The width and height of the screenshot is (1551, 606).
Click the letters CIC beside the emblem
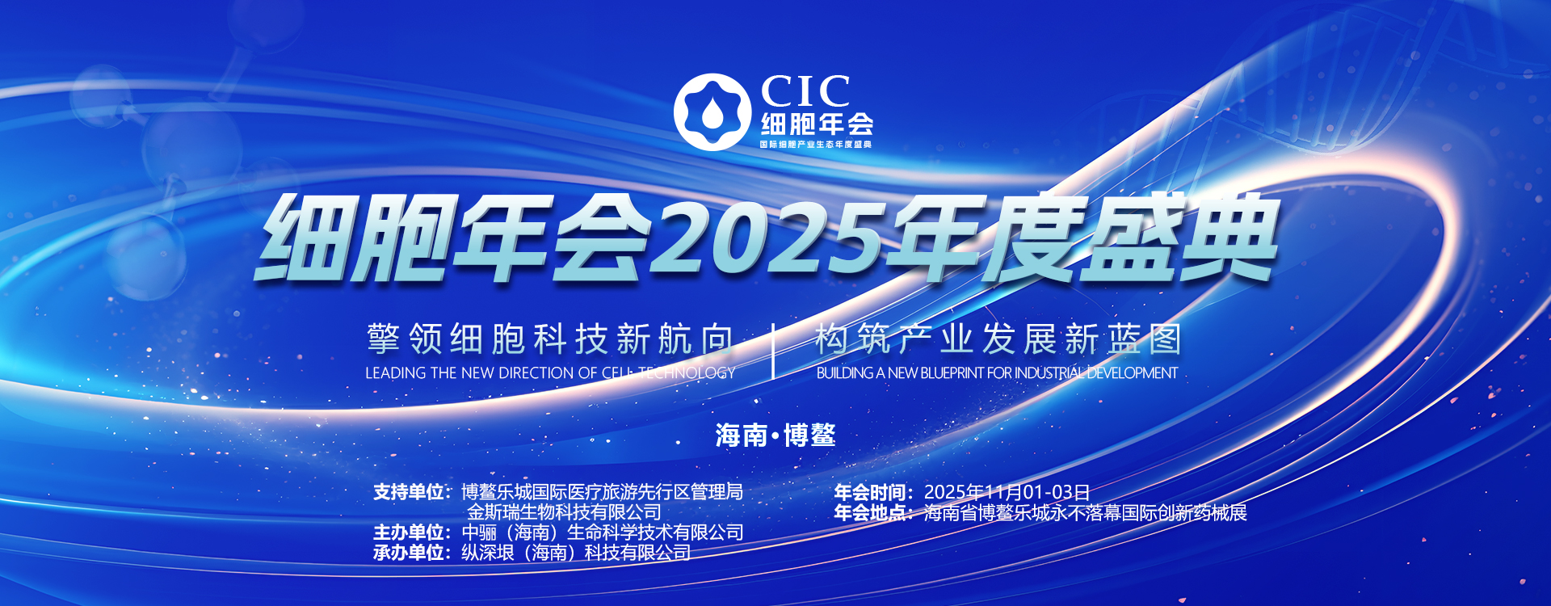(805, 91)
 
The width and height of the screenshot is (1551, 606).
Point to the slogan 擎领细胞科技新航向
(550, 339)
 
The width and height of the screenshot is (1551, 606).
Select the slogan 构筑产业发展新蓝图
(998, 339)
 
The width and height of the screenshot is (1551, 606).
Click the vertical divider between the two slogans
(774, 351)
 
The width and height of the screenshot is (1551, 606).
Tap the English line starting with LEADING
(550, 373)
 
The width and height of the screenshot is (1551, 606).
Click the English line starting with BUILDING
(997, 373)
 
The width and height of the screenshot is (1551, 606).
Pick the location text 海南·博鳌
(775, 436)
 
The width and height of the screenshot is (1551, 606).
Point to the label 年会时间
(869, 492)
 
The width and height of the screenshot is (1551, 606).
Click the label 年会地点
(869, 512)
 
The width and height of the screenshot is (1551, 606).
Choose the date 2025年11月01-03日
(1007, 492)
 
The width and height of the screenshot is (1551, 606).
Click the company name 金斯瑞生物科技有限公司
(564, 512)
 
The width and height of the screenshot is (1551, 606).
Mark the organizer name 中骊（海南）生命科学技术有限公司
(603, 532)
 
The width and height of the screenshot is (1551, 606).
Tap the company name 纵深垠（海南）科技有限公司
(576, 553)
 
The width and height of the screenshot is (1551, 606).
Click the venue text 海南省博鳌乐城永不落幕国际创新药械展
(1086, 512)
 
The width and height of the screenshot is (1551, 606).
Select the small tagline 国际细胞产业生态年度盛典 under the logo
(816, 144)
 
